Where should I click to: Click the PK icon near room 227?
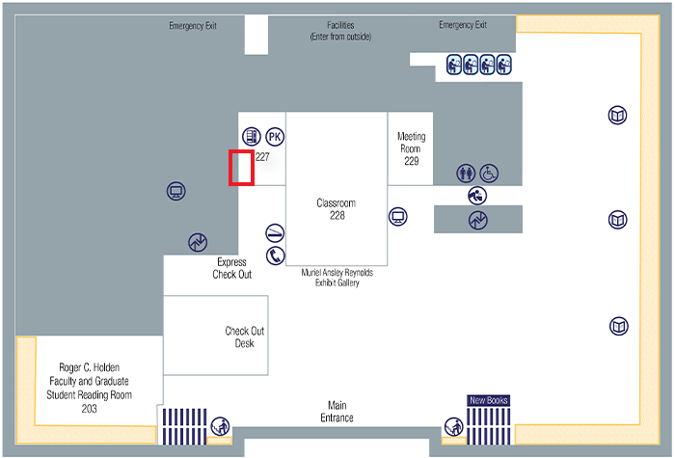pyautogui.click(x=275, y=137)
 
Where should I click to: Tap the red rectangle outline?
pyautogui.click(x=240, y=168)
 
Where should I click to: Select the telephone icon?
pyautogui.click(x=276, y=256)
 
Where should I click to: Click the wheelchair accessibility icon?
pyautogui.click(x=490, y=173)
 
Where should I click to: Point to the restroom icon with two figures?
pyautogui.click(x=467, y=173)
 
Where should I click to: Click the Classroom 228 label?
pyautogui.click(x=337, y=209)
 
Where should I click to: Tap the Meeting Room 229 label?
pyautogui.click(x=412, y=148)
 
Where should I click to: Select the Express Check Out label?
pyautogui.click(x=232, y=268)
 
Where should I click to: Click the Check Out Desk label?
pyautogui.click(x=244, y=337)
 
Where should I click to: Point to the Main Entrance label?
pyautogui.click(x=337, y=412)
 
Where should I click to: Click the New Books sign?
pyautogui.click(x=488, y=399)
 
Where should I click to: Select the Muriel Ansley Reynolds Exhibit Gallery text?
pyautogui.click(x=337, y=278)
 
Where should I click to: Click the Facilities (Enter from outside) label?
pyautogui.click(x=340, y=31)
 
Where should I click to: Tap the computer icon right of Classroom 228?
pyautogui.click(x=397, y=216)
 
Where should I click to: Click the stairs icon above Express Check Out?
pyautogui.click(x=198, y=242)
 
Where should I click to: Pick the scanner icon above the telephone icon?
pyautogui.click(x=276, y=233)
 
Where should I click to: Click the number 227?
pyautogui.click(x=261, y=156)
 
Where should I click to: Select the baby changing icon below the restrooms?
pyautogui.click(x=477, y=195)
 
